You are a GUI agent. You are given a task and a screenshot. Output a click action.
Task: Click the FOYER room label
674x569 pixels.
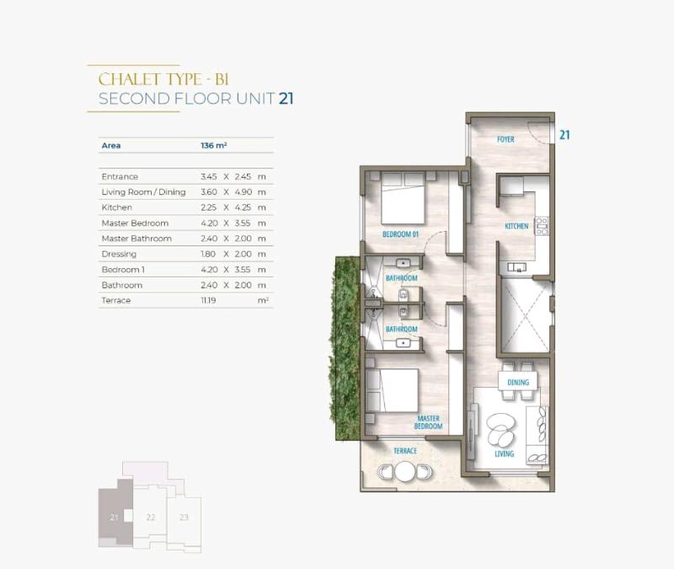coord(505,139)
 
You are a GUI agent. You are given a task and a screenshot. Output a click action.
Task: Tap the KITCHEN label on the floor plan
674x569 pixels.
coord(516,226)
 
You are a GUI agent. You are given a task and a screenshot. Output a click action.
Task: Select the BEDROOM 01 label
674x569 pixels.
coord(400,234)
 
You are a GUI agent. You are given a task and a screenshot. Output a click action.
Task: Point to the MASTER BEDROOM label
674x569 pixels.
coord(428,422)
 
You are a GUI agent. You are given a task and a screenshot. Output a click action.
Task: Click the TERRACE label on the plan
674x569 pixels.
coord(405,451)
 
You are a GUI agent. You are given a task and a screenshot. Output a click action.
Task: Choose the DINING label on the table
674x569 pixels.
coord(518,383)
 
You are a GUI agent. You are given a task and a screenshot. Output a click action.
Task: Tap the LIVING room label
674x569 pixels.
coord(504,454)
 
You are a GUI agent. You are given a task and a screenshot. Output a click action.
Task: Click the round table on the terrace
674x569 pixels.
coord(405,471)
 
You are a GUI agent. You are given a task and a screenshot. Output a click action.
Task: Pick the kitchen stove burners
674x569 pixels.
coord(542,226)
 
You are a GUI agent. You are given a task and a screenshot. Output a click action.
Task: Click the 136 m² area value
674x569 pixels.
coord(214,145)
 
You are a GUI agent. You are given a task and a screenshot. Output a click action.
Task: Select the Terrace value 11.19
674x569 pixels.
coord(208,300)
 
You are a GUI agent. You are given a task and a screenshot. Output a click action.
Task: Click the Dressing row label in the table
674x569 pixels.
coord(119,254)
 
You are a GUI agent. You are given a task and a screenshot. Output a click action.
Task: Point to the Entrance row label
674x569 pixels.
coord(120,176)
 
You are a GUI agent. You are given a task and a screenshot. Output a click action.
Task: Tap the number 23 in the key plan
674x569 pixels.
coord(184,517)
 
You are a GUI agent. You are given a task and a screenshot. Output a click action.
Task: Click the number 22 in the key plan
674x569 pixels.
coord(151,517)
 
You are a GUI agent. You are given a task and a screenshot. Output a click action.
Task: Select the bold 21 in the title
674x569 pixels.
coord(286,99)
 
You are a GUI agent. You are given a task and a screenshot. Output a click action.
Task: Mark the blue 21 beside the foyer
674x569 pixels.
coord(564,135)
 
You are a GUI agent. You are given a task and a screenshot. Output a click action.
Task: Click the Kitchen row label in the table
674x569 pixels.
coord(116,207)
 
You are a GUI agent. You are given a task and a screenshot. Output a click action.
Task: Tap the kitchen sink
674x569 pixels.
coord(516,267)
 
